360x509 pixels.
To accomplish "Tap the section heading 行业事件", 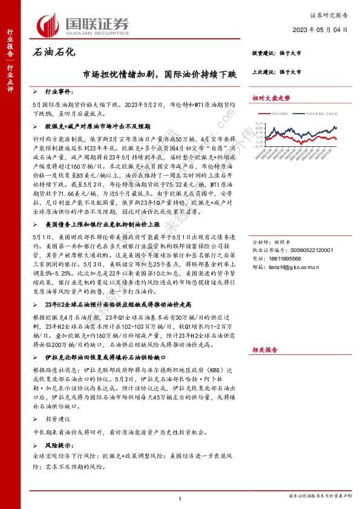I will pos(59,95).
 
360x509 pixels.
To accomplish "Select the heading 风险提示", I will pos(58,446).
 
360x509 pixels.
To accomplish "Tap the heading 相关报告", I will pos(264,349).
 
